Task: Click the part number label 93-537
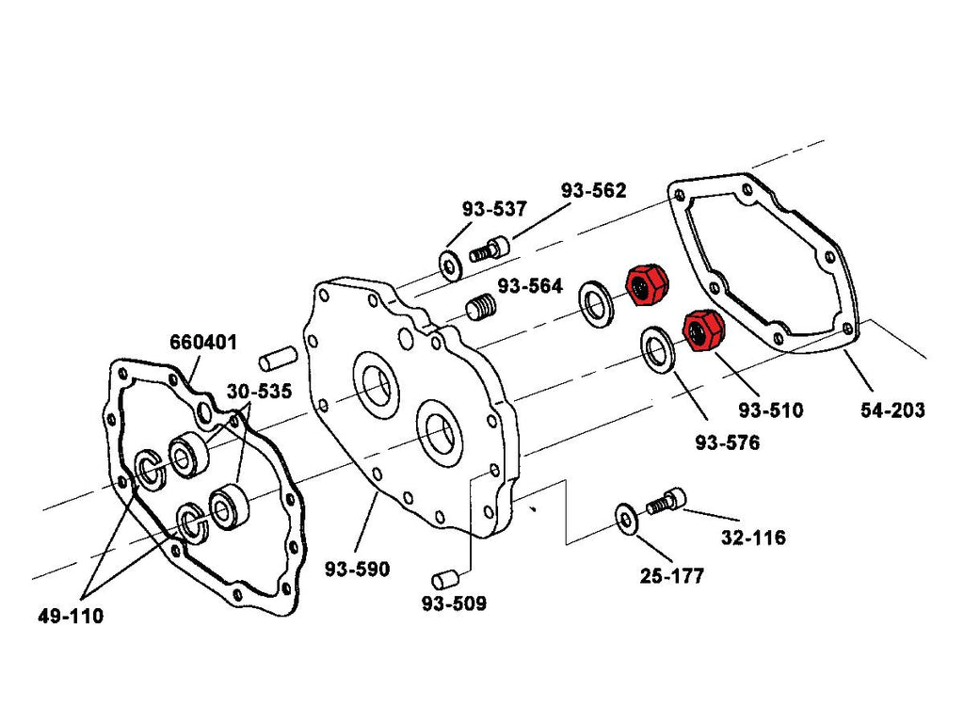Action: point(494,209)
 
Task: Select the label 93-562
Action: point(594,190)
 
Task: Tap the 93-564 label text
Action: point(530,286)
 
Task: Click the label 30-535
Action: point(258,391)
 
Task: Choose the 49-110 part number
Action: point(71,617)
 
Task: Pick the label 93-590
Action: point(357,570)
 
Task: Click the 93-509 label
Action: point(454,603)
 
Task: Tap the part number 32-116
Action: point(752,538)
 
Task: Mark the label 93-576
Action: point(727,442)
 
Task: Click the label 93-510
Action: point(771,410)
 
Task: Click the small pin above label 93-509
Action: point(443,577)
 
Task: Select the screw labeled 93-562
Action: point(489,249)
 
